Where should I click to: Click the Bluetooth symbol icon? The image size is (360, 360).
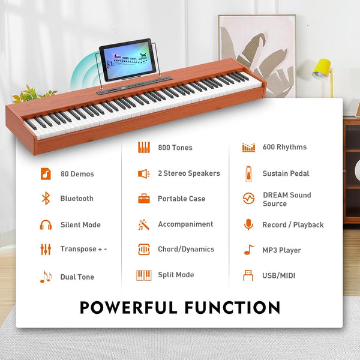[46, 199]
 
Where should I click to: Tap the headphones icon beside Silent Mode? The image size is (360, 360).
[46, 225]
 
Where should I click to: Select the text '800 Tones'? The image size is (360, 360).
[175, 148]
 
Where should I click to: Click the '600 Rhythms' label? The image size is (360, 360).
[284, 147]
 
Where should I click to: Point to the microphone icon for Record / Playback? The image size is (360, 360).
[248, 224]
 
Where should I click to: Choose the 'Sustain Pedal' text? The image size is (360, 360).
[286, 173]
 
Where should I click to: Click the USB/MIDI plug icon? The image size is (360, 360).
[248, 275]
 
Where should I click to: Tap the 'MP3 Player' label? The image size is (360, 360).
[281, 250]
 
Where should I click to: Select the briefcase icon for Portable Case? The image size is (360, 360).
[144, 199]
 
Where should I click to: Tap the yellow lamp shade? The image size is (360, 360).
[323, 68]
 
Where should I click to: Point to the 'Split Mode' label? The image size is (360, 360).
[176, 275]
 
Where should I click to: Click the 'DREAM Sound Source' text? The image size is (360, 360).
[287, 199]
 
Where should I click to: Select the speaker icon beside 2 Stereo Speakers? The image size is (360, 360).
[144, 173]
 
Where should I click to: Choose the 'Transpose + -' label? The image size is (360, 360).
[83, 249]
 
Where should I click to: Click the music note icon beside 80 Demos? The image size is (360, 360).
[46, 173]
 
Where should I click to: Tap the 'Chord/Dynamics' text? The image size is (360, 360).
[185, 249]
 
